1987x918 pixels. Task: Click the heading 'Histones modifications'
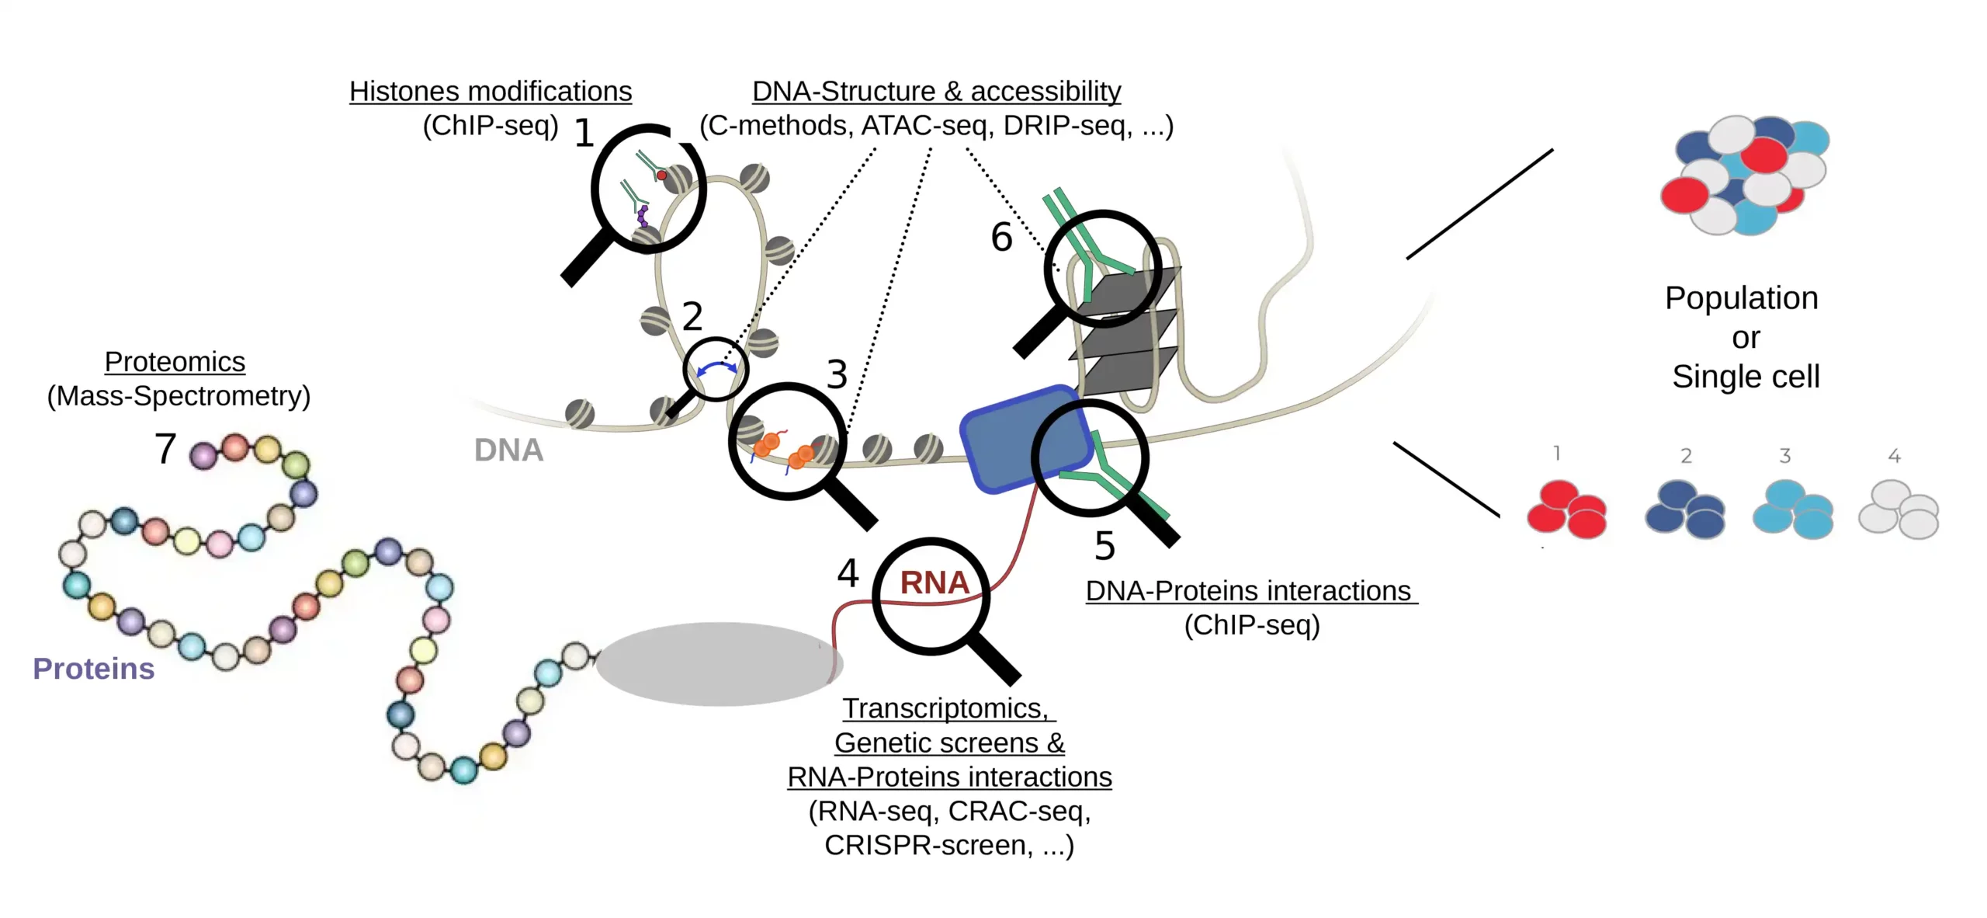click(x=491, y=92)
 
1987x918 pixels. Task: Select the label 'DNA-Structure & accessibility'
click(x=936, y=92)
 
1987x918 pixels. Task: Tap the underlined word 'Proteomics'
click(x=175, y=362)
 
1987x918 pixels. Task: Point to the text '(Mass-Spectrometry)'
click(x=179, y=396)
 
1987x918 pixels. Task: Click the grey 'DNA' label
click(x=508, y=450)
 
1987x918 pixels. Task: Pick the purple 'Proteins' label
click(x=93, y=669)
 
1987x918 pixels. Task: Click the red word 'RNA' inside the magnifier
click(x=935, y=582)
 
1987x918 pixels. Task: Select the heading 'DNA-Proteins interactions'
click(x=1248, y=591)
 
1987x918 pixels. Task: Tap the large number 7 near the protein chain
click(x=165, y=449)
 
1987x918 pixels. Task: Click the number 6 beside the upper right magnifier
click(x=1001, y=237)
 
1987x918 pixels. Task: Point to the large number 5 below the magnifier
click(x=1104, y=546)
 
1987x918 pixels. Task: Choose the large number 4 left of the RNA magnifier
click(x=848, y=574)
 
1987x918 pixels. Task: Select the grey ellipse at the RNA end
click(x=718, y=664)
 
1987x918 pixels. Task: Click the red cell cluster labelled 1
click(x=1566, y=510)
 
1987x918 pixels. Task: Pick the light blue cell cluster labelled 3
click(x=1793, y=510)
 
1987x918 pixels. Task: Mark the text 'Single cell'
click(x=1745, y=377)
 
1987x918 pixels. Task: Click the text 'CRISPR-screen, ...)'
click(x=948, y=845)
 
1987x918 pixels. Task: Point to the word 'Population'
click(x=1741, y=298)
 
